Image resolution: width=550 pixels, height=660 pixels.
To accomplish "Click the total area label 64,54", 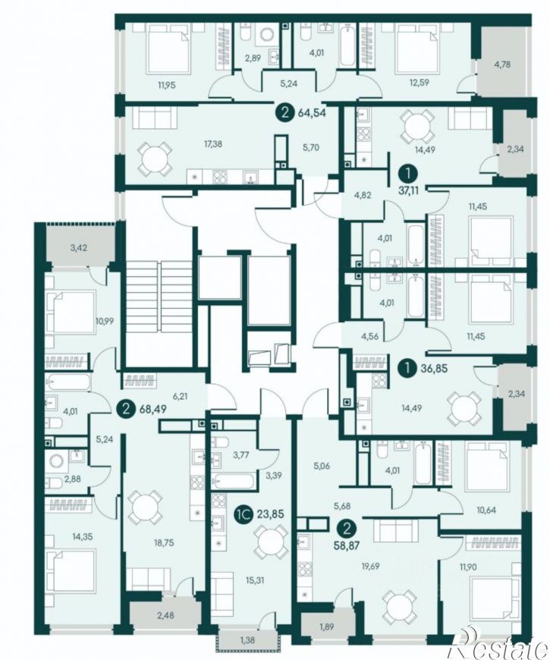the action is (x=313, y=113).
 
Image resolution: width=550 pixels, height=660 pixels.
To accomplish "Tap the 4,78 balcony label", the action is (x=503, y=64).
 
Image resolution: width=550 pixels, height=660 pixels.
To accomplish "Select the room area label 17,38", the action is (x=214, y=144).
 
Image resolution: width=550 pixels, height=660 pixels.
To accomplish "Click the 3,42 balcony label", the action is (x=79, y=247).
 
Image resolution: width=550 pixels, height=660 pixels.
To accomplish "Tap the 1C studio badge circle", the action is (x=244, y=514).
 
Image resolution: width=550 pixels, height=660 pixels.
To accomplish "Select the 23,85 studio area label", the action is (x=272, y=514).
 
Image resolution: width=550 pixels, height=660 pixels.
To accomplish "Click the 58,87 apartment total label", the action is (x=347, y=546).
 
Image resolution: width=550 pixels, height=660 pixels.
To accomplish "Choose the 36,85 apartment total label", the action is (x=433, y=369).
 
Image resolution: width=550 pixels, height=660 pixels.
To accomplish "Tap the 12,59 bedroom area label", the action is (x=419, y=83).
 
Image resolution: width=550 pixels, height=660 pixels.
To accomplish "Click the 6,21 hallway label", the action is (x=180, y=396).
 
